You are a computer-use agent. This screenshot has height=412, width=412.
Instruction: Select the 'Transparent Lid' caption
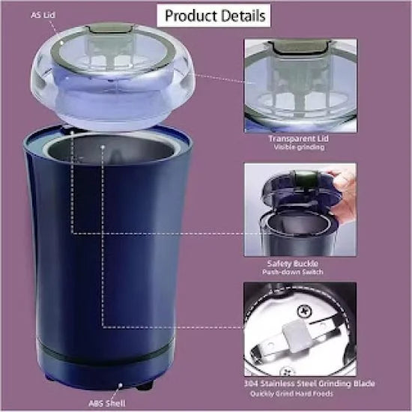point(299,139)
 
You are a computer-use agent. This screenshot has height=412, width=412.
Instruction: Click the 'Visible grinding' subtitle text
point(299,148)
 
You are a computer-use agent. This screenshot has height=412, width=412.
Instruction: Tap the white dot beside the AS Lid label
point(60,43)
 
